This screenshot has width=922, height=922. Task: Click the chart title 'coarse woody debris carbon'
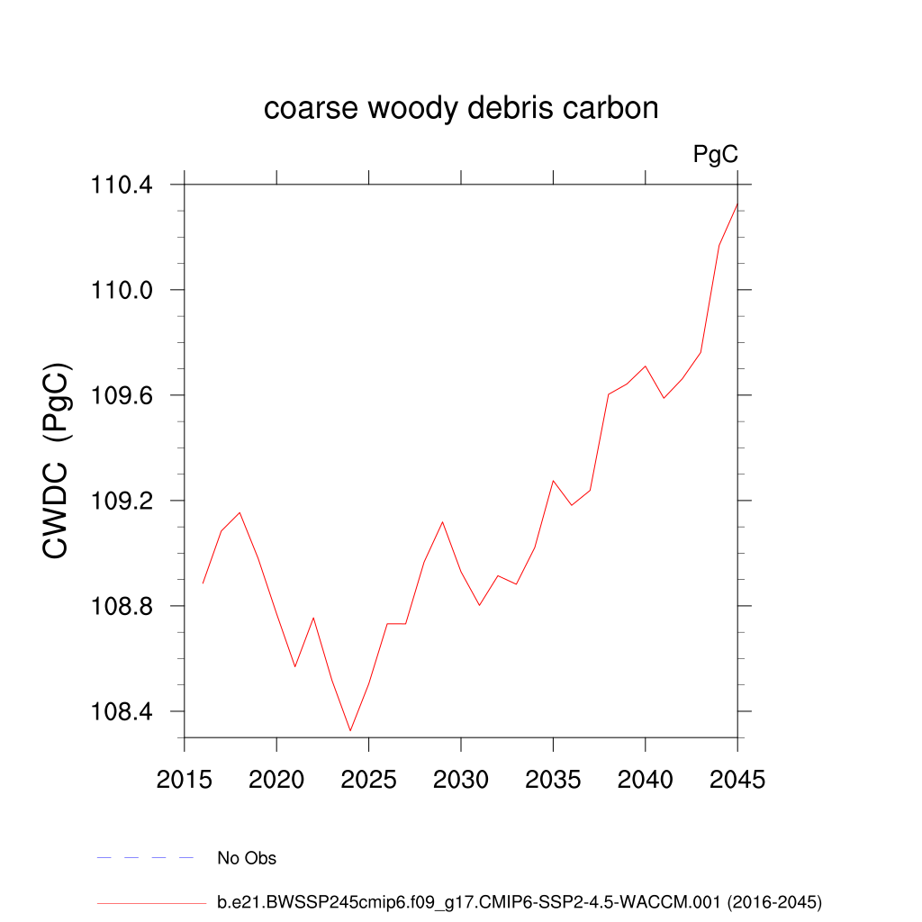(x=461, y=109)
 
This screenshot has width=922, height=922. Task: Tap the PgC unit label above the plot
(x=716, y=155)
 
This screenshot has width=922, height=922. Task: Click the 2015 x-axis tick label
(x=185, y=780)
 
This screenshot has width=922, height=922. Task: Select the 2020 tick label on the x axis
(x=276, y=780)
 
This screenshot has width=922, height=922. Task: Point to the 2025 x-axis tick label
(x=369, y=780)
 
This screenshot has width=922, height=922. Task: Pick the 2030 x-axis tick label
(x=461, y=780)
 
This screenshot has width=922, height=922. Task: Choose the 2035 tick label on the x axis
(x=553, y=780)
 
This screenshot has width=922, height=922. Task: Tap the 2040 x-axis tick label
(x=646, y=780)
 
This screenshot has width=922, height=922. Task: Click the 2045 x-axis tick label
(x=737, y=780)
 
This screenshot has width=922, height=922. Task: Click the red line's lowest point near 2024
(x=350, y=730)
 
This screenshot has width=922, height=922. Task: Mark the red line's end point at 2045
(x=737, y=204)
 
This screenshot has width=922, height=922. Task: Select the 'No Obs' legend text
(x=247, y=858)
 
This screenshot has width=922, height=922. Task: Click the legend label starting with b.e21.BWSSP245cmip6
(x=520, y=901)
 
